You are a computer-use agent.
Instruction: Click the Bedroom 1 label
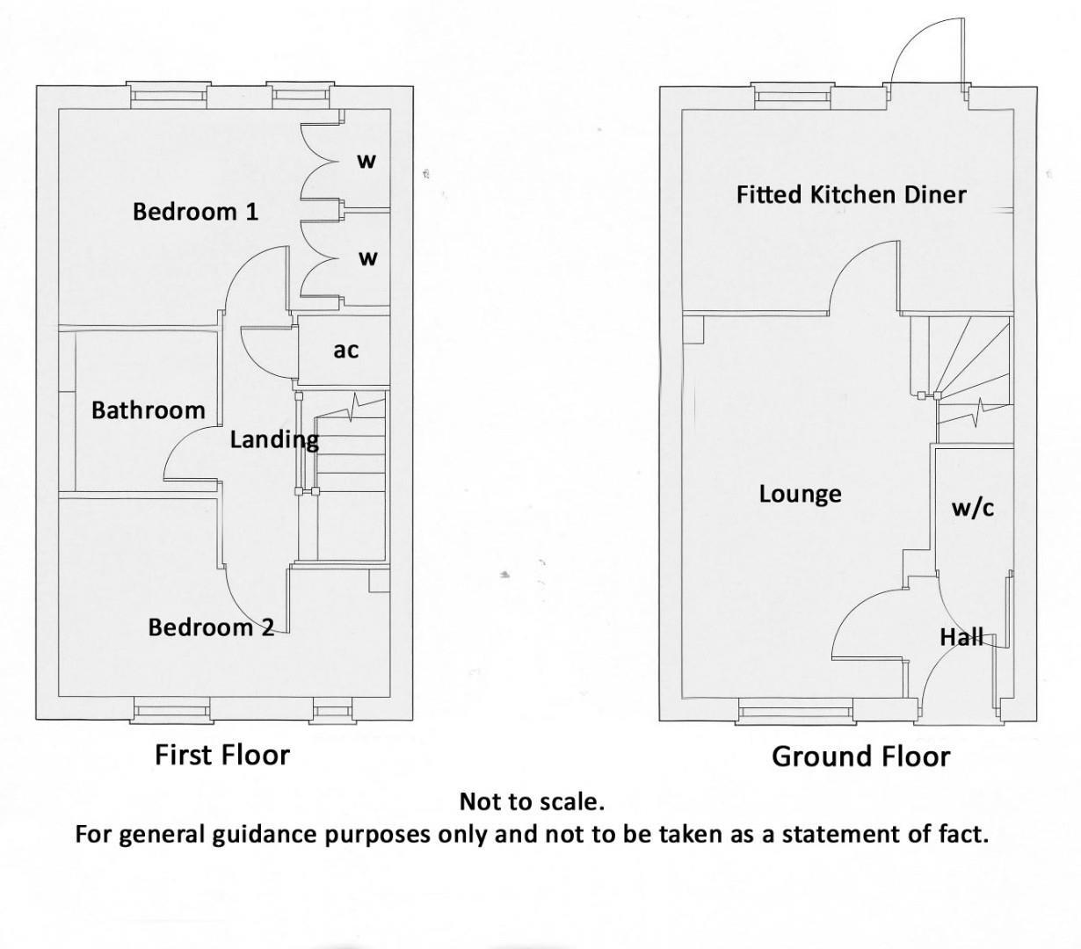tap(195, 211)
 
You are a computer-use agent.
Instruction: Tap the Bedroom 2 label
tap(211, 627)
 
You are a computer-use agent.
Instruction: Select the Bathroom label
tap(148, 410)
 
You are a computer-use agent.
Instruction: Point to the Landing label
tap(273, 439)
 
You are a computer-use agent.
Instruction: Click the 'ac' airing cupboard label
tap(345, 350)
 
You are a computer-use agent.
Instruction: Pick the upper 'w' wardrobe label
tap(366, 161)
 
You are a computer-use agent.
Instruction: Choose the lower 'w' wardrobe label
tap(367, 258)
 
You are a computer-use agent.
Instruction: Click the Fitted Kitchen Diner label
tap(851, 194)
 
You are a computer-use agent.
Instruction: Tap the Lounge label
tap(800, 494)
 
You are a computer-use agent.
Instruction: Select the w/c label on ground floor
tap(973, 507)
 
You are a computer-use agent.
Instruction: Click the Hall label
tap(961, 637)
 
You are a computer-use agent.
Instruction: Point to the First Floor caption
tap(221, 754)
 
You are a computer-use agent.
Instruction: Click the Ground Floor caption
tap(860, 757)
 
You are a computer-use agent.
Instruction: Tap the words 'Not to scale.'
tap(532, 801)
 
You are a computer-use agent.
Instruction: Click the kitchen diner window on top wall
tap(794, 95)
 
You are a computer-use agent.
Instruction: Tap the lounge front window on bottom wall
tap(794, 712)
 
